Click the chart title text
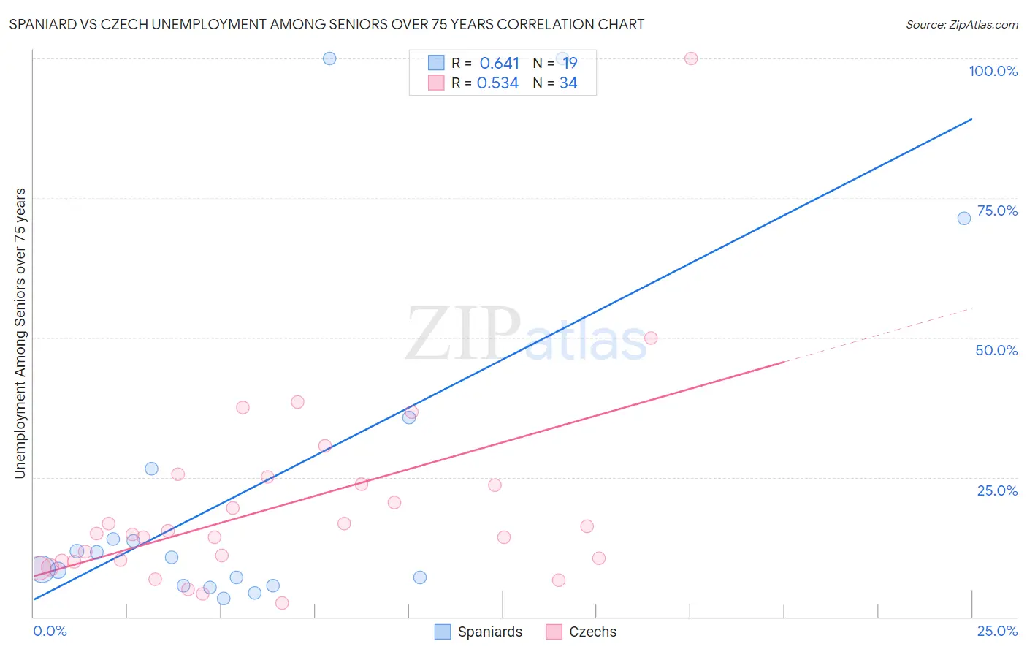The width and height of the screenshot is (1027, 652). point(327,24)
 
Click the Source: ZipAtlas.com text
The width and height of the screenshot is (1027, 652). point(961,25)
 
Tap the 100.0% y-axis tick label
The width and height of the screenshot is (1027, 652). point(993,71)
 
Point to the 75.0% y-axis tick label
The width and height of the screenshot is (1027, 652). point(997,211)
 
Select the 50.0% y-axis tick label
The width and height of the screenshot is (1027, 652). point(996,350)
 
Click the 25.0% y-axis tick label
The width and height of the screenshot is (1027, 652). point(997,490)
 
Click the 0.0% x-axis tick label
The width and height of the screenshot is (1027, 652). point(50,631)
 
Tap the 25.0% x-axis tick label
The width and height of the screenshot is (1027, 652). point(997,631)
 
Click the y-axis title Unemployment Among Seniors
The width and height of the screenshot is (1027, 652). point(20,333)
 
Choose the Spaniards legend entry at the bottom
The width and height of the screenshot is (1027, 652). point(478,632)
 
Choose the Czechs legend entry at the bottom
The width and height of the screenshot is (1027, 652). point(581,632)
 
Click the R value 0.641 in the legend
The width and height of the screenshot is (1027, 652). point(499,64)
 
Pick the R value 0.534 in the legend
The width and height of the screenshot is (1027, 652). point(497,83)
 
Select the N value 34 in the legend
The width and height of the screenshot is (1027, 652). point(568,83)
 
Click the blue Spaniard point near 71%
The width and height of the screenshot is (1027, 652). point(964,218)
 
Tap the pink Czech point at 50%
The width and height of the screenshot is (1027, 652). point(651,338)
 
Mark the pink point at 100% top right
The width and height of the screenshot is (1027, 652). point(691,58)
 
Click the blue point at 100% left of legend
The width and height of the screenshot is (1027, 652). point(329,58)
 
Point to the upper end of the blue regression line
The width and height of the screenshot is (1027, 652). point(971,119)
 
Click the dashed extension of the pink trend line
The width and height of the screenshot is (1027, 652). point(877,336)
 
